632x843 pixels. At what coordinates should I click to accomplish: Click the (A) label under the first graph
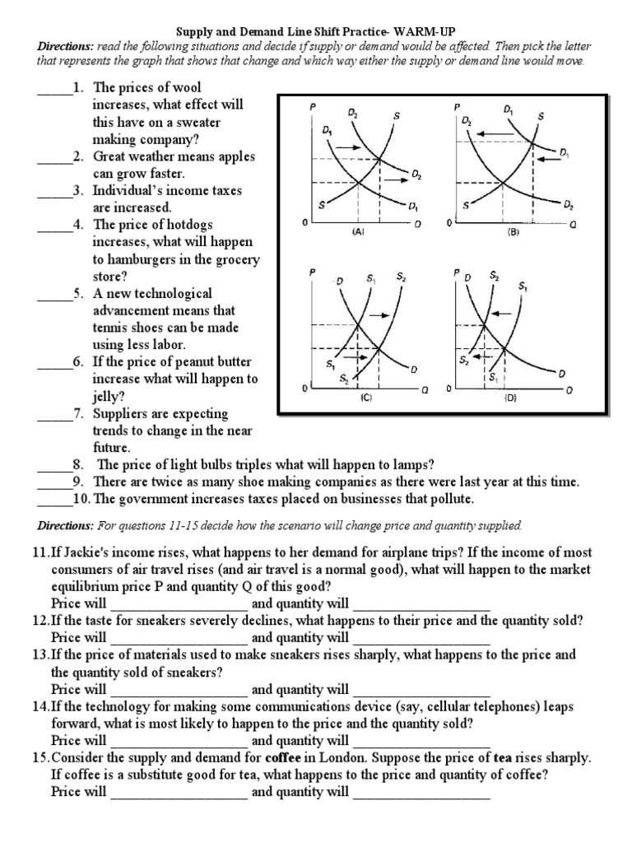click(x=358, y=233)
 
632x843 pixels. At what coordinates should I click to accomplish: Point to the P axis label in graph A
click(x=313, y=107)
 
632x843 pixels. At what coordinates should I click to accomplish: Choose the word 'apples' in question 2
click(x=235, y=156)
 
